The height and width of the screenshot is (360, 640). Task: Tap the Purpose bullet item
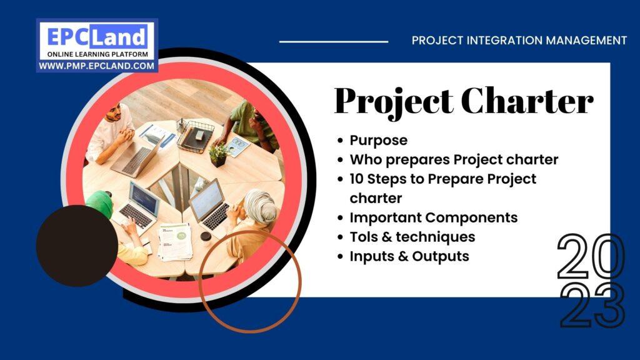(x=378, y=140)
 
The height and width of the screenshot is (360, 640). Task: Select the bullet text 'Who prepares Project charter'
(x=454, y=159)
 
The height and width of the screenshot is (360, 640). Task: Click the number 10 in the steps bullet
(x=357, y=179)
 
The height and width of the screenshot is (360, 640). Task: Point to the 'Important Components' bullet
(x=433, y=217)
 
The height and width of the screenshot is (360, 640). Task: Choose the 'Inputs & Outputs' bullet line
(x=409, y=256)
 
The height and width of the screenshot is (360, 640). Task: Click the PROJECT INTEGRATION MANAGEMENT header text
(x=519, y=41)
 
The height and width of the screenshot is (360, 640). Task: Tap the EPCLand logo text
(x=97, y=36)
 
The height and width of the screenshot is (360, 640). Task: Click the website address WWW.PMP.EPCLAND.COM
(x=97, y=66)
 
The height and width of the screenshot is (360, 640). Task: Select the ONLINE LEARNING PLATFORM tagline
(x=97, y=54)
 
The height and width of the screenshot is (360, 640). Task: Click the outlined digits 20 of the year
(x=591, y=257)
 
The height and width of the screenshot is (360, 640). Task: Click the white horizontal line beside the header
(x=333, y=42)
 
